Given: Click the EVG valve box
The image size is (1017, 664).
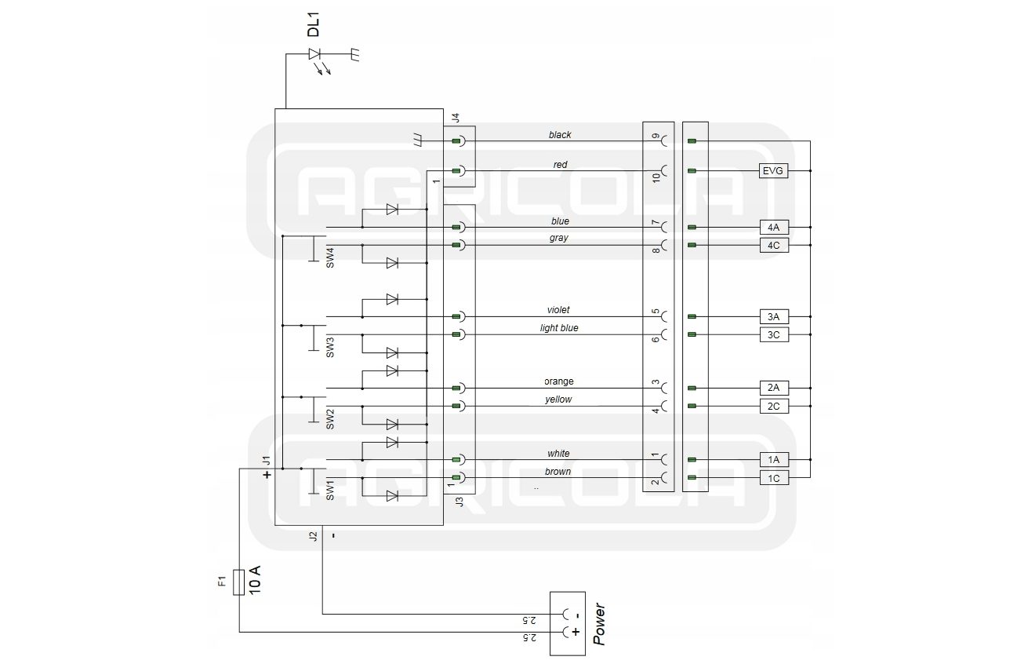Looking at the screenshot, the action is [x=773, y=171].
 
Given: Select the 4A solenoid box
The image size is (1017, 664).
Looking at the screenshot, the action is [x=774, y=228].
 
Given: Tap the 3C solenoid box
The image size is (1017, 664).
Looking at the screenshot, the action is [x=774, y=335].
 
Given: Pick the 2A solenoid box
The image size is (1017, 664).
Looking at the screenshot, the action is [x=774, y=388].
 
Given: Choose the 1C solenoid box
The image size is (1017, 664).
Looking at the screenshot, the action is [x=774, y=478].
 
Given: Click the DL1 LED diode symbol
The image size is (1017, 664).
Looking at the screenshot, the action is [x=314, y=54].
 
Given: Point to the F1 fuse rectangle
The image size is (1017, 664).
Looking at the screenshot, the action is [x=239, y=582].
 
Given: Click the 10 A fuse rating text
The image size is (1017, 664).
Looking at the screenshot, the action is [x=255, y=580].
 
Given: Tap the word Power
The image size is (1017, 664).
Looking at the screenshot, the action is [x=599, y=624].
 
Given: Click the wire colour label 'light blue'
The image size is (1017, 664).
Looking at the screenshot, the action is [x=559, y=328].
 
